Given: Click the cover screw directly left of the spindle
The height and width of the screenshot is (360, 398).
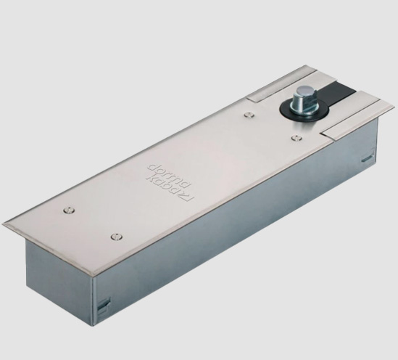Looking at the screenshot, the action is [249, 115].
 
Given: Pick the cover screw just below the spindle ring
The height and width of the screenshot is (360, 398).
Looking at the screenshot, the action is [297, 138].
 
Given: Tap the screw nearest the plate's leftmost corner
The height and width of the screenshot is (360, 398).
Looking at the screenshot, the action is [69, 210].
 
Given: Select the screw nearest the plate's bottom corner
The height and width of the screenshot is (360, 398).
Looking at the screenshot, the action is [116, 237].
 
